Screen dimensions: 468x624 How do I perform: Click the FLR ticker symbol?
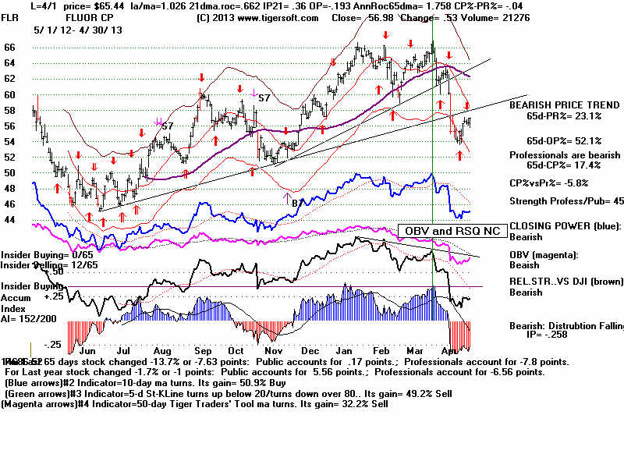[x=11, y=16]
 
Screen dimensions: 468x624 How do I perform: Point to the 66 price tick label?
[x=10, y=48]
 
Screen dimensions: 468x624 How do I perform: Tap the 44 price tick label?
[x=10, y=220]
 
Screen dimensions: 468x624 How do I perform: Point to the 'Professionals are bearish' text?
[x=565, y=155]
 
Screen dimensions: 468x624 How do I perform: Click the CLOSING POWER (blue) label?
[x=565, y=226]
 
